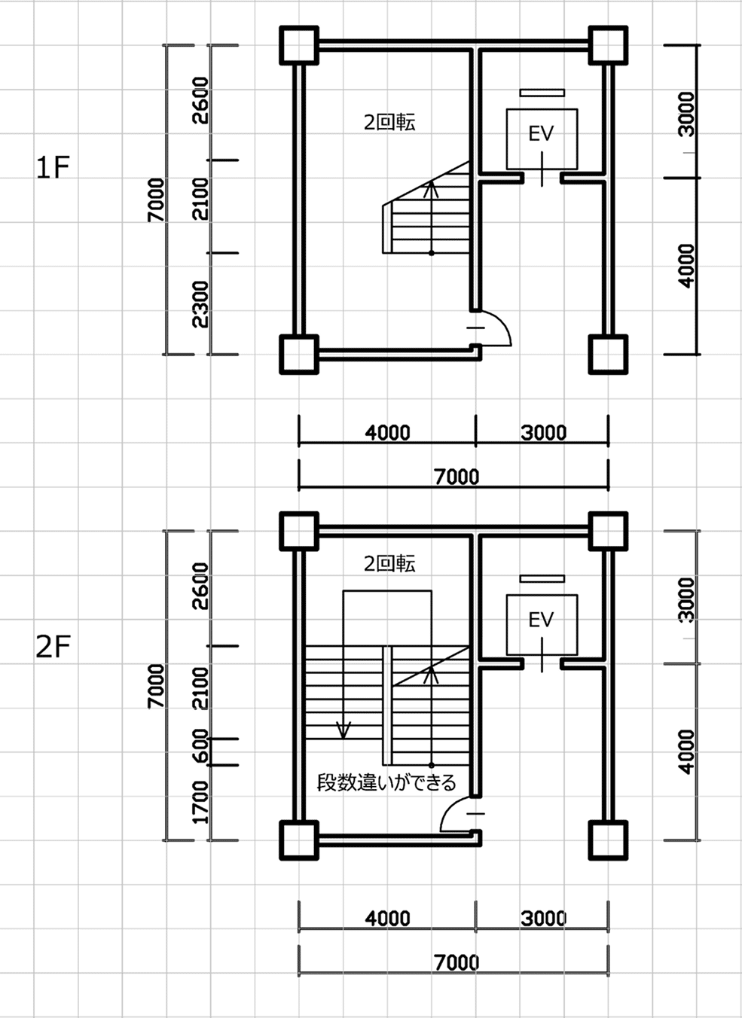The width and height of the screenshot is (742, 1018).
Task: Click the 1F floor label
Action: [53, 167]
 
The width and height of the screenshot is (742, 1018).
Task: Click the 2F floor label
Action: [53, 647]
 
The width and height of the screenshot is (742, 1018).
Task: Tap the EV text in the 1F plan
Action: [541, 133]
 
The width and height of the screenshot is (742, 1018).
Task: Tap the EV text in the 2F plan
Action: [541, 620]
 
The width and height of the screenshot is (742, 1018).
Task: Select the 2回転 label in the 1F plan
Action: [389, 122]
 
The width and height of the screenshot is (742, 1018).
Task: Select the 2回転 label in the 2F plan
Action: [389, 563]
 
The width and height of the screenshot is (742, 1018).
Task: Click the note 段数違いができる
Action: [386, 782]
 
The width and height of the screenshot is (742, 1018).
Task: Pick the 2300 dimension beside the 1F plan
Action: [200, 304]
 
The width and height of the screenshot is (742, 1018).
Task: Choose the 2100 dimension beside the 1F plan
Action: [200, 199]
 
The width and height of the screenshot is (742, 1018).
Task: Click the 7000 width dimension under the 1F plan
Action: [456, 477]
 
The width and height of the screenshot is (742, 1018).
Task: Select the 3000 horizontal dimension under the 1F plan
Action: [544, 432]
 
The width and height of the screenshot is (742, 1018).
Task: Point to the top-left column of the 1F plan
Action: [299, 45]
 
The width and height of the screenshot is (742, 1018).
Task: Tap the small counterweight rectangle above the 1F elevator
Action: [542, 93]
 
